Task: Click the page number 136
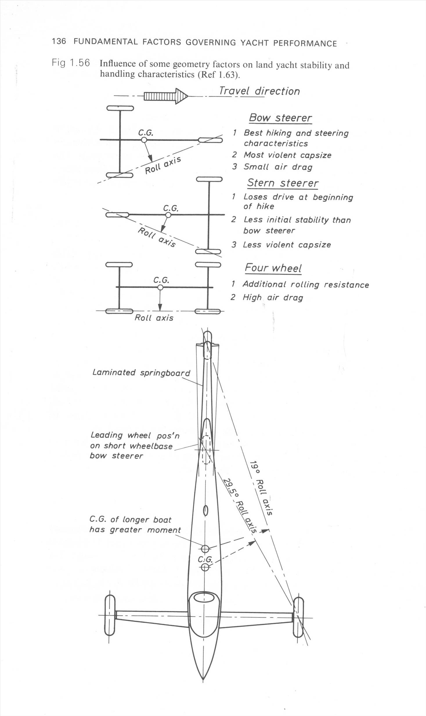pos(59,41)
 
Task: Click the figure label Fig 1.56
pos(71,63)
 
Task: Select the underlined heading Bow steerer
pos(280,118)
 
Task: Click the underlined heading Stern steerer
pos(282,183)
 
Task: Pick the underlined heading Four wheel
pos(273,268)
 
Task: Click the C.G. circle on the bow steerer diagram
pos(144,140)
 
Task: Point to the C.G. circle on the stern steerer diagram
pos(168,215)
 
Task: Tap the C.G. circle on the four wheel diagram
pos(160,287)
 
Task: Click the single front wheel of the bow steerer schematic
pos(210,140)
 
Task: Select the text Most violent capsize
pos(287,155)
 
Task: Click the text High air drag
pos(273,297)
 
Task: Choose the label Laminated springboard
pos(141,373)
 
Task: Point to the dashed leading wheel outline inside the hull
pos(206,450)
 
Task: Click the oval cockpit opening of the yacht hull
pos(204,598)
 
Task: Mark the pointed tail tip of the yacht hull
pos(203,679)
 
